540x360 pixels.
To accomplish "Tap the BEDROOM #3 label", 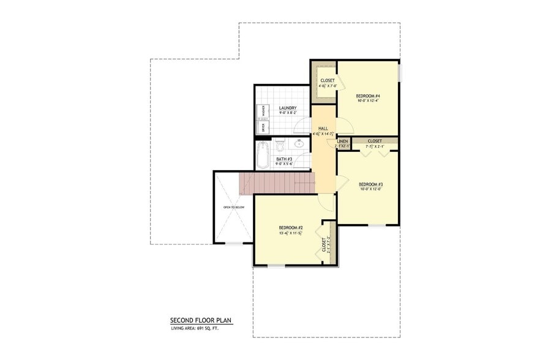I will pyautogui.click(x=370, y=184).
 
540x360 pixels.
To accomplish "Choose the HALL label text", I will pyautogui.click(x=323, y=129).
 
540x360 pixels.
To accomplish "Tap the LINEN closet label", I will pyautogui.click(x=342, y=141).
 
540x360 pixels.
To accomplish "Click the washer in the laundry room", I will pyautogui.click(x=262, y=112).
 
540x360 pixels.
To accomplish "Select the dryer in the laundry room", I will pyautogui.click(x=262, y=127).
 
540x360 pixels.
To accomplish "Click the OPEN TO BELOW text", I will pyautogui.click(x=233, y=208).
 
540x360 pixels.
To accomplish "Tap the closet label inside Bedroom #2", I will pyautogui.click(x=324, y=244).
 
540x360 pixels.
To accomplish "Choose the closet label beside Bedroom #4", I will pyautogui.click(x=327, y=80).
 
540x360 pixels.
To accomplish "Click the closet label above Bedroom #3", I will pyautogui.click(x=374, y=141).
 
